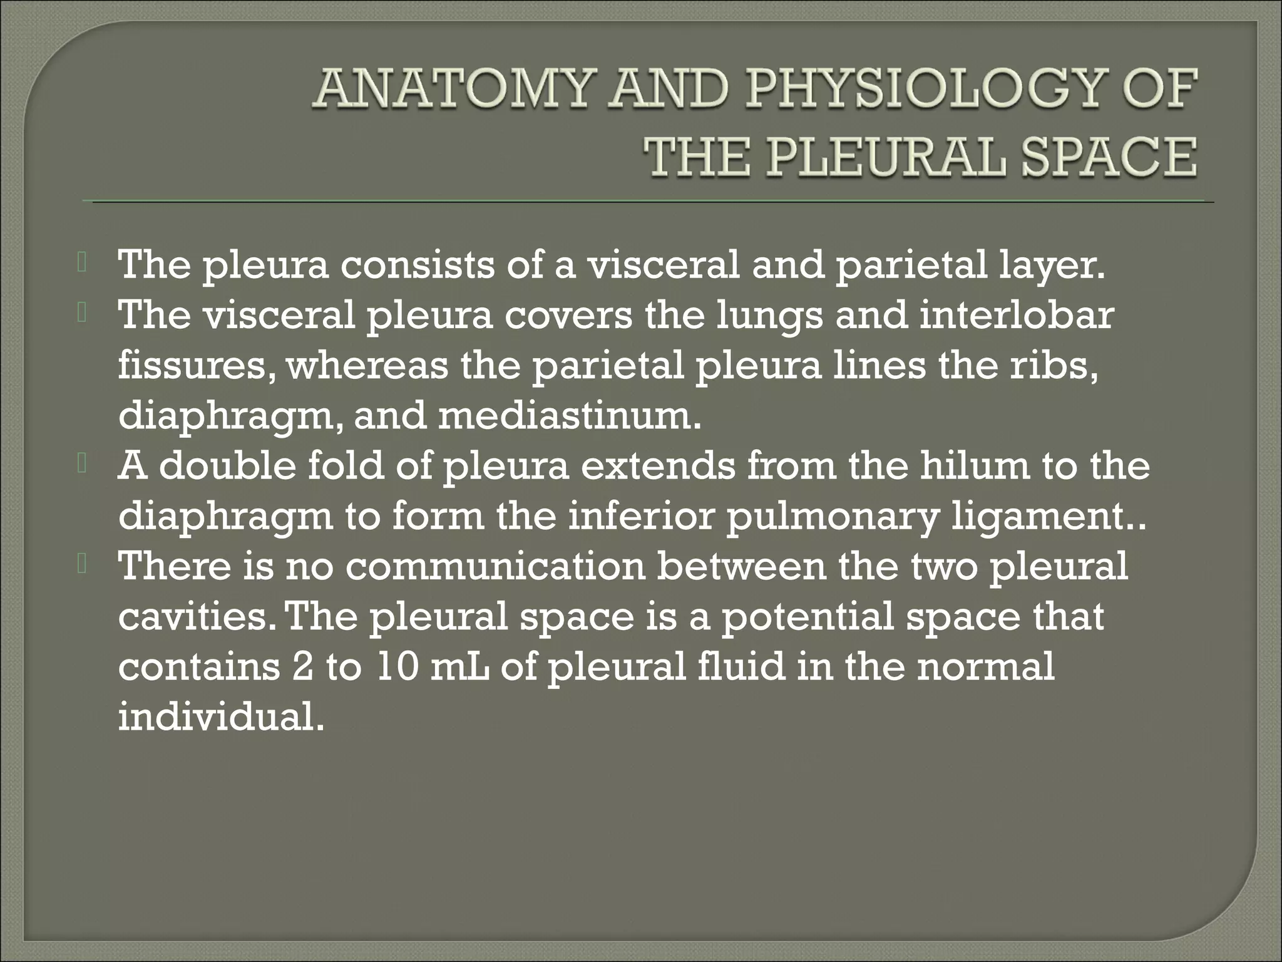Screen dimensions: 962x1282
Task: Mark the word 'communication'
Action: [x=495, y=566]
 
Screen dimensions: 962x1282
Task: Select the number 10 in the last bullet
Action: [x=396, y=666]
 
